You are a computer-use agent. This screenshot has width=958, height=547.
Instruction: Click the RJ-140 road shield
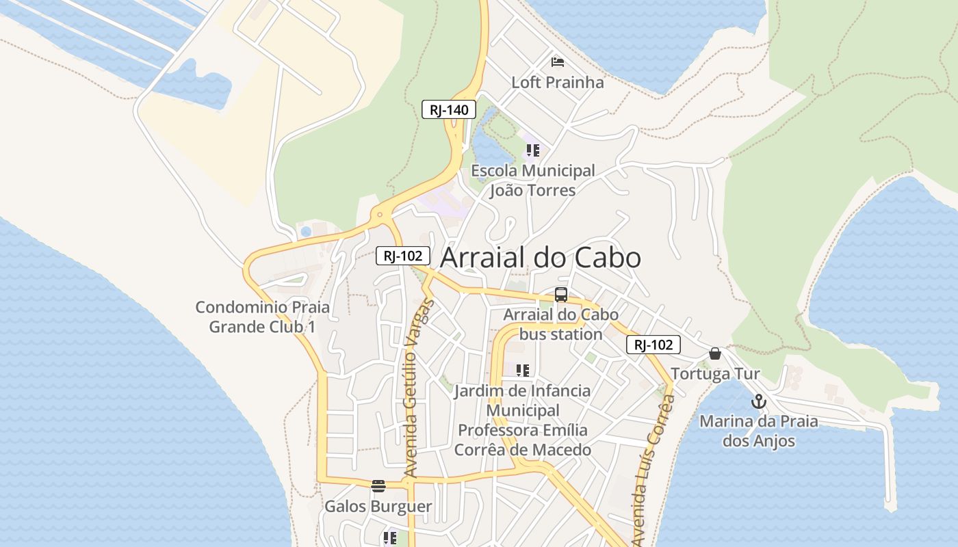click(448, 109)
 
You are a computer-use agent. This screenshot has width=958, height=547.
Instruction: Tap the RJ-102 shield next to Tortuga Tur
click(653, 345)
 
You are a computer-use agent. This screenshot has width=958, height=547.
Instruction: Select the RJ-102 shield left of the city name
click(403, 256)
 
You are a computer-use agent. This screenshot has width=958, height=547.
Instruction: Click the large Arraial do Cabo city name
click(541, 258)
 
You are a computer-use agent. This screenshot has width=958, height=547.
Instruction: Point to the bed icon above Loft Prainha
click(558, 62)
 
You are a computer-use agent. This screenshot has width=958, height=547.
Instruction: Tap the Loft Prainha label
click(558, 83)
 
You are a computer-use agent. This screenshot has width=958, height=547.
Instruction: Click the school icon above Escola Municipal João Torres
click(532, 150)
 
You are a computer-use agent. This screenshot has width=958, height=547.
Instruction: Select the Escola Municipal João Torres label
click(533, 181)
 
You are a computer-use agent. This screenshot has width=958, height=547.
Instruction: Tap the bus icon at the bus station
click(561, 295)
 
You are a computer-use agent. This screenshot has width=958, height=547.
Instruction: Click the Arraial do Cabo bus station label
click(561, 325)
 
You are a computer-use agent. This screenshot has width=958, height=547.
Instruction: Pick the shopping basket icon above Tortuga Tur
click(715, 353)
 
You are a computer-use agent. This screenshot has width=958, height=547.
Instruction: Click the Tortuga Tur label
click(715, 374)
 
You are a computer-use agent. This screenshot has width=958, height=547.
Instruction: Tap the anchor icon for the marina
click(758, 401)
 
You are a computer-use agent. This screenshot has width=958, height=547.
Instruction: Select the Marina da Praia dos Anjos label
click(758, 431)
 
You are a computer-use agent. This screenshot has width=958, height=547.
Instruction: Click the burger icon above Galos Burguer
click(378, 485)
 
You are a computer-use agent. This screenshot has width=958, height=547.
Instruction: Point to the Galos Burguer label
click(378, 507)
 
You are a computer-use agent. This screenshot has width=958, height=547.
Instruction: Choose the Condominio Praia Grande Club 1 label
click(263, 317)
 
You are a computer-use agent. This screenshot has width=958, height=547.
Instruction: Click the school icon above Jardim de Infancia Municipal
click(523, 371)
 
